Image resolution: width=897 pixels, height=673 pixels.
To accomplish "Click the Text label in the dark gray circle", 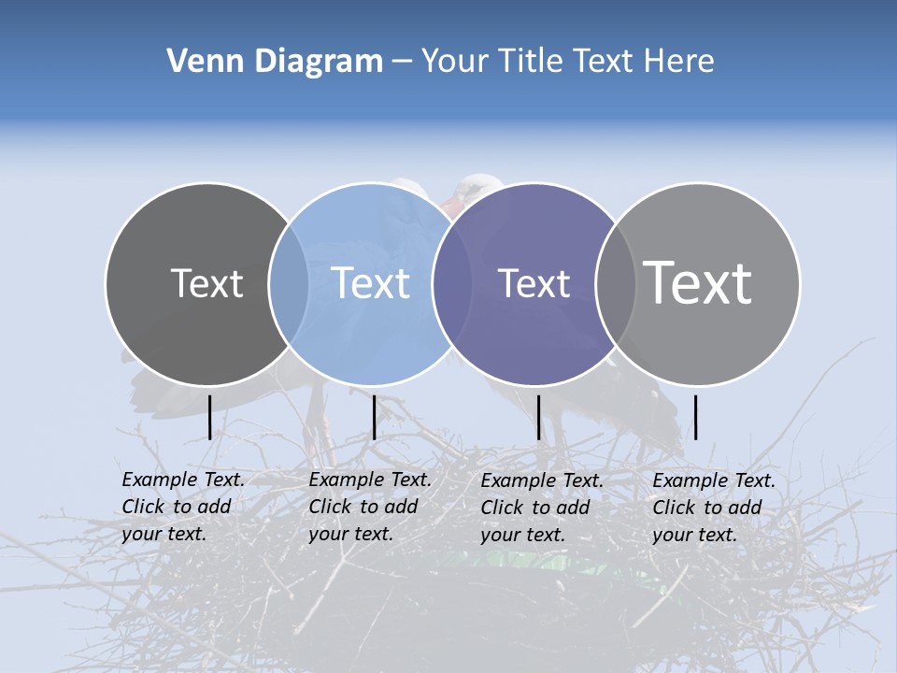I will pos(206,283).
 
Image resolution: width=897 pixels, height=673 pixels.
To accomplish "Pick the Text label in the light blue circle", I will pos(370,283).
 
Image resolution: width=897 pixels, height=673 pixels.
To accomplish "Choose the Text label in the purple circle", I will pos(534,283).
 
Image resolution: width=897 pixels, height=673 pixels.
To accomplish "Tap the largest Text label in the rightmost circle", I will pos(698,282).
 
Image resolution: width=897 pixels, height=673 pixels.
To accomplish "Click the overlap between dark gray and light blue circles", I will pos(289,284).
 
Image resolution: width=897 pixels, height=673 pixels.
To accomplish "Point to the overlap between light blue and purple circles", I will pos(452,284).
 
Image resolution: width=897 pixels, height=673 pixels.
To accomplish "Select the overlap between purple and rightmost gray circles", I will pos(614,284).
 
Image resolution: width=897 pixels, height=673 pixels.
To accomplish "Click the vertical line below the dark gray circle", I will pos(209,417).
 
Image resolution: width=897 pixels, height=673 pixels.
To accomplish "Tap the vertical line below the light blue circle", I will pos(374,417).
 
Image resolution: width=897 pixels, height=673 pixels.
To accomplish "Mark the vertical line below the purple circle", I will pos(538,417).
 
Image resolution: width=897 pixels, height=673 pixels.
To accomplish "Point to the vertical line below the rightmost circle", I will pos(695,417).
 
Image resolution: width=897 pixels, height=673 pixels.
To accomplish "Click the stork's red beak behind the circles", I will pos(451,206).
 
